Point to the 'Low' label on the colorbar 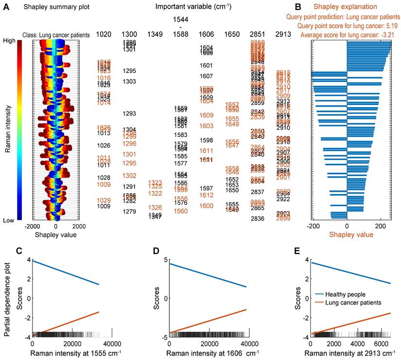(x=9, y=220)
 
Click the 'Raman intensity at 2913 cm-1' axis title (x=351, y=354)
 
